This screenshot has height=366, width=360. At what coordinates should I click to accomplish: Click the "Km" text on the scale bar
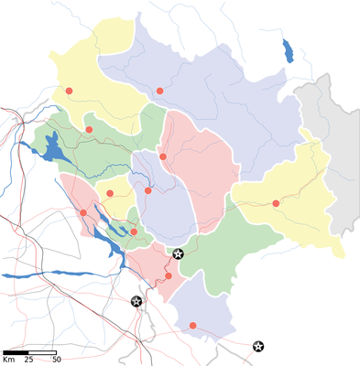8,360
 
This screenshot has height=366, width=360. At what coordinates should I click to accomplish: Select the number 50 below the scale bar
56,360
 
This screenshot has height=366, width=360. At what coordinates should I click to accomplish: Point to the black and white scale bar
30,351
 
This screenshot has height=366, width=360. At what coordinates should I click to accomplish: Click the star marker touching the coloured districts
179,253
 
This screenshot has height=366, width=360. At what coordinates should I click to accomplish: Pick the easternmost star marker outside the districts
259,346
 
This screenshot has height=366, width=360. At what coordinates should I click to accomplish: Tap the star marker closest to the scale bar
136,301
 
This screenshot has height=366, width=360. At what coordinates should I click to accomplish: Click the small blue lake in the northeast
288,49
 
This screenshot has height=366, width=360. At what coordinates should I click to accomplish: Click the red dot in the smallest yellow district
111,193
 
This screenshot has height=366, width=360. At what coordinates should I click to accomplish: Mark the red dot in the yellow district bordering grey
276,203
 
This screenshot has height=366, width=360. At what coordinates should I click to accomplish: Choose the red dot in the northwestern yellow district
69,91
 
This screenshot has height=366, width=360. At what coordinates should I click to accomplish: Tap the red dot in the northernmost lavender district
159,91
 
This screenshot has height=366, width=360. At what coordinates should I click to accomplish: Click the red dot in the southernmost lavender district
192,325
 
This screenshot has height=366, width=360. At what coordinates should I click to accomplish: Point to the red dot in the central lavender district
147,190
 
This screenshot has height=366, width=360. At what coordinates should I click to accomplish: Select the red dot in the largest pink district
163,156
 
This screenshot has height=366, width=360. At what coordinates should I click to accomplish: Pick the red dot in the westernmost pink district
83,213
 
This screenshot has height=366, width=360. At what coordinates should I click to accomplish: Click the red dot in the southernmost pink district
168,275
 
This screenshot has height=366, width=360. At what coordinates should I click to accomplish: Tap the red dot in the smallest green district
134,231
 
